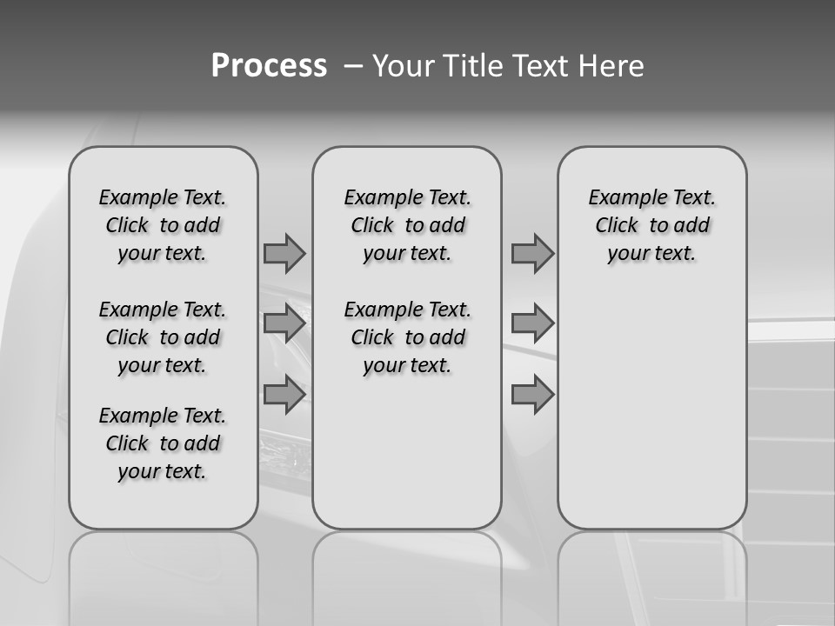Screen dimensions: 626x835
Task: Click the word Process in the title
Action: pos(269,65)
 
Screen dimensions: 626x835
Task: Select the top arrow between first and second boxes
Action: pos(284,253)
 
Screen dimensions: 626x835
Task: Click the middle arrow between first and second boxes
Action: pos(284,323)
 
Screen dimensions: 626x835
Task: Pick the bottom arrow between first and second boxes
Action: pos(284,395)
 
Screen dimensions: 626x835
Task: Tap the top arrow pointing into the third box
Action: pos(532,253)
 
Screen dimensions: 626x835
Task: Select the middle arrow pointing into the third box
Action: pos(532,323)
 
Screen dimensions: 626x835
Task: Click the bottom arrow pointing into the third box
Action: pos(532,395)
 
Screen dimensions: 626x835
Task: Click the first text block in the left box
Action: pos(163,225)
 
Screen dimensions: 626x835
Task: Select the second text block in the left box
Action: pos(163,337)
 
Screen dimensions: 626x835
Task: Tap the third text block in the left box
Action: pos(163,443)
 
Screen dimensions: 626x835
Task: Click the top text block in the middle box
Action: pos(407,225)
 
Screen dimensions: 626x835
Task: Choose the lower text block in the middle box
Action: pos(407,337)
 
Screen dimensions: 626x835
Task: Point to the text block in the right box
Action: pos(651,225)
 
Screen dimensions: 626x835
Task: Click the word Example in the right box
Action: pos(623,198)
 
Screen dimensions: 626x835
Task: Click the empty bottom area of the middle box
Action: pos(407,461)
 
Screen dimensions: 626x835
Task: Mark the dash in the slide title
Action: pos(353,65)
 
